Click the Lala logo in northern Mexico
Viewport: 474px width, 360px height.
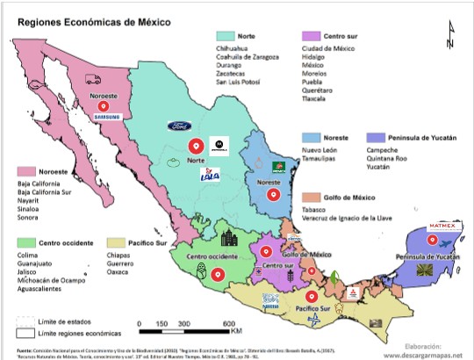tap(210, 175)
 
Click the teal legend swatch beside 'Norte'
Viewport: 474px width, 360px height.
tap(225, 36)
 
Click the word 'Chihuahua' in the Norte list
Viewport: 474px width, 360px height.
tap(234, 49)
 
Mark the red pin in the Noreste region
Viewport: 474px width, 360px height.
tap(276, 195)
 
